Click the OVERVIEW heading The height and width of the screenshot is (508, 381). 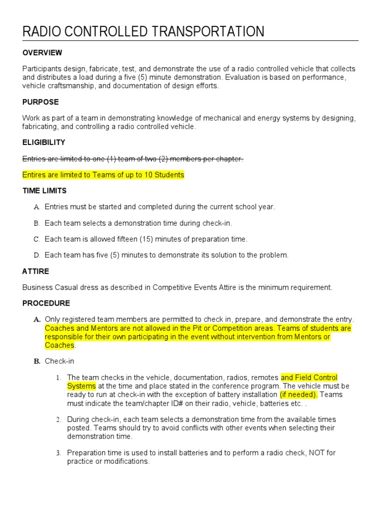[x=42, y=53]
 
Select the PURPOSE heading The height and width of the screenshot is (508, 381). [x=41, y=102]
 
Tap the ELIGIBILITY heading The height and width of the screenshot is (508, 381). [x=44, y=142]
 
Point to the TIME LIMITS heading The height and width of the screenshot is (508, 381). [x=45, y=190]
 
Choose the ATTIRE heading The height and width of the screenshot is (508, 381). [x=36, y=271]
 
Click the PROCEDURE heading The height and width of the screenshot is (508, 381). [x=46, y=303]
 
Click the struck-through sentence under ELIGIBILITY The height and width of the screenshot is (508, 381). [x=133, y=159]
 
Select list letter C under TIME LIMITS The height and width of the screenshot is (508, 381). [x=36, y=239]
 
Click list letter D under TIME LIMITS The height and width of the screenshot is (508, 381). [x=36, y=255]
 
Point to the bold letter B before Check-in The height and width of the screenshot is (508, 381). [x=37, y=362]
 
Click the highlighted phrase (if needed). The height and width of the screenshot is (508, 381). [x=299, y=394]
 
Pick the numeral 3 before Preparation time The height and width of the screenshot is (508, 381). [x=58, y=453]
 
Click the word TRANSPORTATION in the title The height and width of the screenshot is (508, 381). [x=208, y=32]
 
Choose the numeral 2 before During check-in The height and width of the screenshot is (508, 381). [x=58, y=420]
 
